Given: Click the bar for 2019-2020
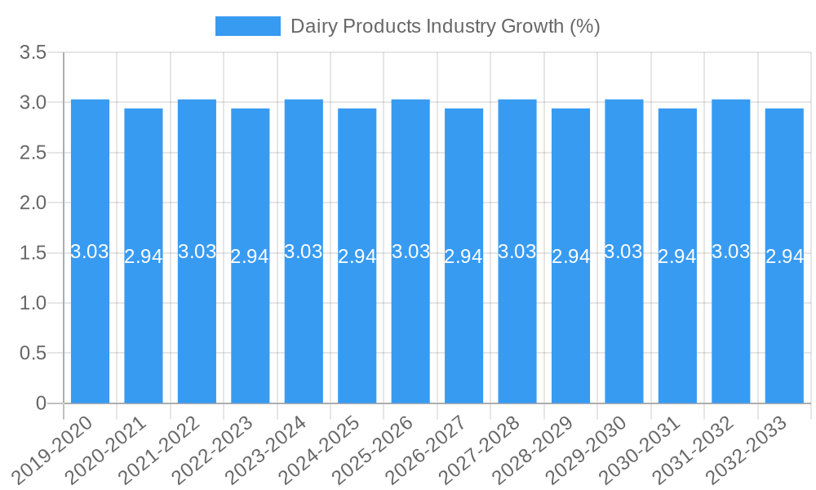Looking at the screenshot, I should [x=90, y=327].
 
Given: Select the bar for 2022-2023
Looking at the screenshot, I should [x=251, y=327].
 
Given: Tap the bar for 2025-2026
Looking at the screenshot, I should [x=410, y=327].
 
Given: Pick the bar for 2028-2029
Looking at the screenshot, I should [x=570, y=327].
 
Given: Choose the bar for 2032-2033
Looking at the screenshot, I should [x=784, y=327].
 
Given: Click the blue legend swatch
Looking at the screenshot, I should [x=247, y=26].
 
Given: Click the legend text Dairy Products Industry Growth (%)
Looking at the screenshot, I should [x=445, y=26].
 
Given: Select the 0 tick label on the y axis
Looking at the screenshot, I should [x=42, y=403].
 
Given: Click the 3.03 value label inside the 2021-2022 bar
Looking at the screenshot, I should [x=197, y=252].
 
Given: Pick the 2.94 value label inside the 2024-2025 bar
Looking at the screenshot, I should [x=357, y=256].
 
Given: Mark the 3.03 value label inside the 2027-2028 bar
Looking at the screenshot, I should [x=517, y=252].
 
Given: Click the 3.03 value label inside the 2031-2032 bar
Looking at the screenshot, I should [x=730, y=252].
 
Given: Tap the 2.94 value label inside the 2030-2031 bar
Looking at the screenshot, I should [x=677, y=256].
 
